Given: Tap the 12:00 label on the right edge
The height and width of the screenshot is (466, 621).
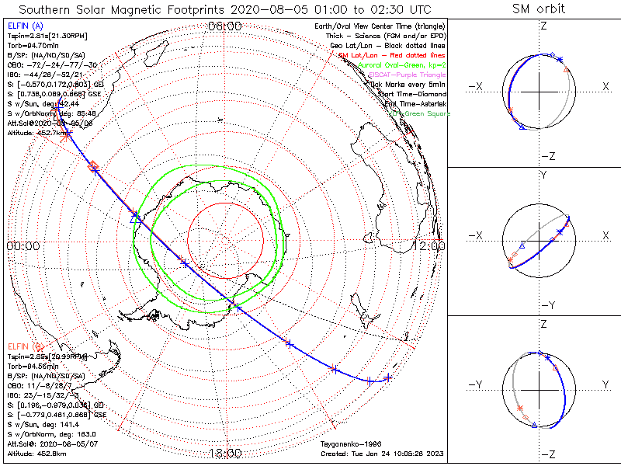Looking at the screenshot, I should (x=432, y=246).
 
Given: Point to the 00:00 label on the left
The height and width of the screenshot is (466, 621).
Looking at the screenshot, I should (x=23, y=246).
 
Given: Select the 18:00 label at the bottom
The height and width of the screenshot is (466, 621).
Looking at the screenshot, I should (x=225, y=454).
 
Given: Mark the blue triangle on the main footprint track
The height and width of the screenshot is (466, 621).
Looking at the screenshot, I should (x=136, y=217).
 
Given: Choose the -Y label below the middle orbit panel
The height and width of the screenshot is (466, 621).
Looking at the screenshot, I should (x=543, y=304).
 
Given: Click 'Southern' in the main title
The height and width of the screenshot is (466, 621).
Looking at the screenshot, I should (x=48, y=9).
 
